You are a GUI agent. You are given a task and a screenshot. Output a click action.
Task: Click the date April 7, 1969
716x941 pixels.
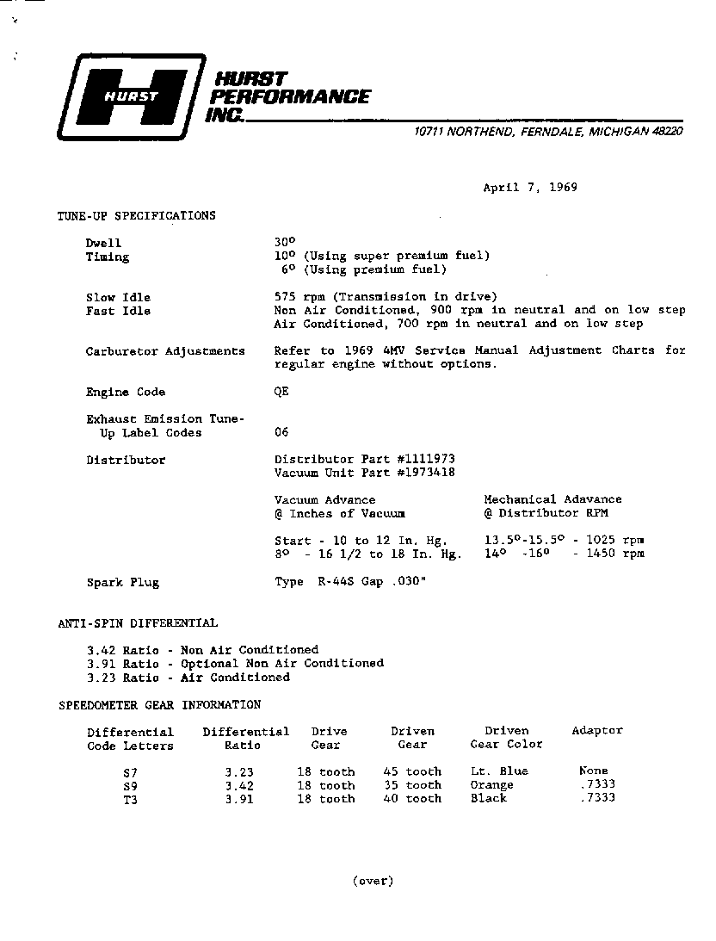(x=529, y=188)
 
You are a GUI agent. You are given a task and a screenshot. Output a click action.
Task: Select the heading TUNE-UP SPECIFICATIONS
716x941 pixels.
(x=136, y=215)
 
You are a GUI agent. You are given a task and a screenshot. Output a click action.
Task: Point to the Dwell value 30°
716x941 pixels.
(x=284, y=243)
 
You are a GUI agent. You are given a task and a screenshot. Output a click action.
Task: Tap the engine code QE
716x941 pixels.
(x=281, y=392)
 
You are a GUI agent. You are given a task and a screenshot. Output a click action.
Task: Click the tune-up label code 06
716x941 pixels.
(x=281, y=432)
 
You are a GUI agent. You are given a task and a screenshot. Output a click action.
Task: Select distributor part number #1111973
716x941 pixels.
(x=426, y=460)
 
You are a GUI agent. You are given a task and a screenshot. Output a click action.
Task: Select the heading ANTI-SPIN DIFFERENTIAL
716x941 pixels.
(x=138, y=622)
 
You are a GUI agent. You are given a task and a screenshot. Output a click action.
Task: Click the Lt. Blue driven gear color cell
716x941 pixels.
(x=499, y=771)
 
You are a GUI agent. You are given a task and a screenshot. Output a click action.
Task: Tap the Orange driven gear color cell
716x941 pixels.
(x=491, y=784)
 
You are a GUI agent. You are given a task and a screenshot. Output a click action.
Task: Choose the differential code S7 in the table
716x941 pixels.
(x=130, y=771)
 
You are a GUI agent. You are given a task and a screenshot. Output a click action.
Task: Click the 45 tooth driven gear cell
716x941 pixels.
(x=411, y=771)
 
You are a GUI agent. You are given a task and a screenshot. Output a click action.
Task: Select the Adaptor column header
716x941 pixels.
(x=596, y=730)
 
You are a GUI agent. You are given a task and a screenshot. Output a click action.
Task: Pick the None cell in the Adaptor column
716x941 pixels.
(x=594, y=771)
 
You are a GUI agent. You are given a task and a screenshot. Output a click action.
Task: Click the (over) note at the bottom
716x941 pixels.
(x=372, y=880)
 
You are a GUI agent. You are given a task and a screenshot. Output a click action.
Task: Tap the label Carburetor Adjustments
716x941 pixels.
(x=165, y=351)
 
